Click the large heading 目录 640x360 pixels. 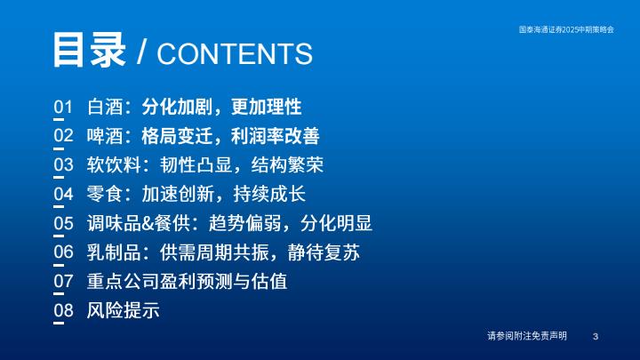pyautogui.click(x=89, y=50)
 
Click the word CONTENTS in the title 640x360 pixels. pyautogui.click(x=235, y=53)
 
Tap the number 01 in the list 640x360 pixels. pyautogui.click(x=63, y=107)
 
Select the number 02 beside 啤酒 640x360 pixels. pyautogui.click(x=63, y=135)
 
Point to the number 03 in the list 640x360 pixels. pyautogui.click(x=63, y=165)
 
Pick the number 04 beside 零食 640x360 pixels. pyautogui.click(x=63, y=194)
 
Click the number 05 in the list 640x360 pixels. pyautogui.click(x=63, y=223)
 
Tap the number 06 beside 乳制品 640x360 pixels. pyautogui.click(x=63, y=252)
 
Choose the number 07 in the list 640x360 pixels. pyautogui.click(x=63, y=281)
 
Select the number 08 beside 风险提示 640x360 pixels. pyautogui.click(x=63, y=310)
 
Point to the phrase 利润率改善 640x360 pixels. pyautogui.click(x=275, y=136)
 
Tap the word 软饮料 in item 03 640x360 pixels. pyautogui.click(x=114, y=165)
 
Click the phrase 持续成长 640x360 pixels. pyautogui.click(x=269, y=194)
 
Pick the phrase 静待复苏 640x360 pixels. pyautogui.click(x=324, y=252)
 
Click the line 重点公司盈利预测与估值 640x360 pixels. pyautogui.click(x=187, y=281)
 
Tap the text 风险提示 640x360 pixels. pyautogui.click(x=123, y=310)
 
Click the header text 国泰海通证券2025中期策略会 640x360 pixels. pyautogui.click(x=566, y=29)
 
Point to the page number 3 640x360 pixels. pyautogui.click(x=596, y=336)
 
